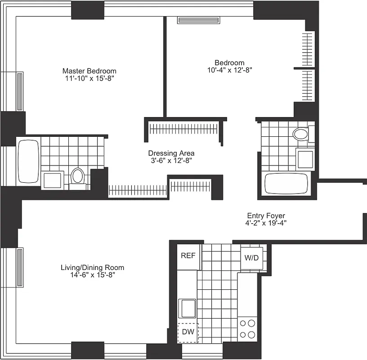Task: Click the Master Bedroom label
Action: tap(89, 71)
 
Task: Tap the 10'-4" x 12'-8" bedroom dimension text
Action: tap(229, 70)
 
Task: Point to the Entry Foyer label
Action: tap(266, 216)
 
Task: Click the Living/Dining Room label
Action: tap(92, 268)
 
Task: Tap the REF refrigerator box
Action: tap(188, 256)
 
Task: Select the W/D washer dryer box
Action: tap(251, 258)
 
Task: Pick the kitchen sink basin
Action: tap(187, 308)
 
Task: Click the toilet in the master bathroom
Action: tap(78, 176)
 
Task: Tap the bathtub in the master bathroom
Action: tap(28, 161)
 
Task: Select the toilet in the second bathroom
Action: tap(300, 134)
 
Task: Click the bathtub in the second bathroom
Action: tap(285, 184)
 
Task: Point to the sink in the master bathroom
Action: tap(53, 180)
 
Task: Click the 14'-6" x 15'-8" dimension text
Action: tap(92, 275)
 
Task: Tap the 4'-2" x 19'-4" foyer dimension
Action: tap(266, 223)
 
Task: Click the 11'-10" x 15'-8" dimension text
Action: tap(89, 78)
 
